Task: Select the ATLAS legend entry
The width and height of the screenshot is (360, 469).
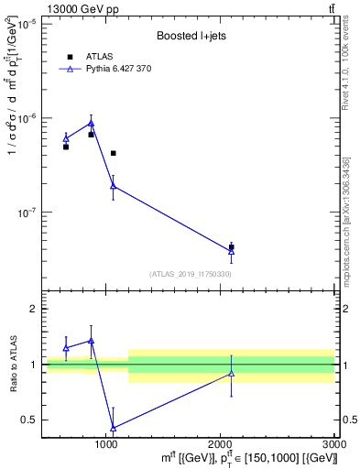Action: click(92, 56)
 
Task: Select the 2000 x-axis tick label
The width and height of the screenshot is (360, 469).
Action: click(220, 444)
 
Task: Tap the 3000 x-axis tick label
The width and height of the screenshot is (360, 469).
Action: click(333, 444)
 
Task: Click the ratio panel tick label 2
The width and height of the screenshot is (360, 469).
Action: click(34, 310)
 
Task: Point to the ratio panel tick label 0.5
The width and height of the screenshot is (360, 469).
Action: click(30, 420)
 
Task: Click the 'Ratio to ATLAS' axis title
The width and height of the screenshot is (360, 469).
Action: click(12, 365)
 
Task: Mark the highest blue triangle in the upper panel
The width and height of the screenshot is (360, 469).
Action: click(91, 123)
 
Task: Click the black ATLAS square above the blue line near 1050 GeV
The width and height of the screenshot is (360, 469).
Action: click(113, 153)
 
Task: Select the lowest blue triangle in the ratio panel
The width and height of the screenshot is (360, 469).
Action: click(113, 428)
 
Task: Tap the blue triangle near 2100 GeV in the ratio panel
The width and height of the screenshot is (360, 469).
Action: click(231, 373)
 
